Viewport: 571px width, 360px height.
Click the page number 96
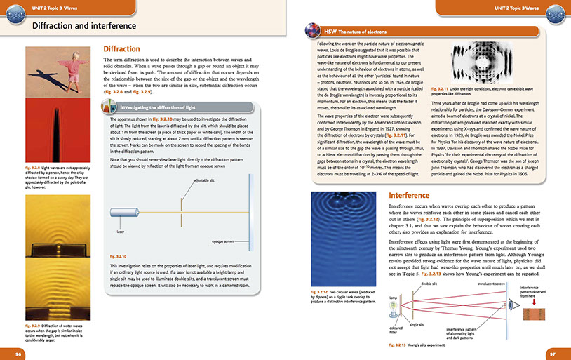point(19,353)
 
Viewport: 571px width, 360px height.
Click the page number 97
point(552,353)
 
